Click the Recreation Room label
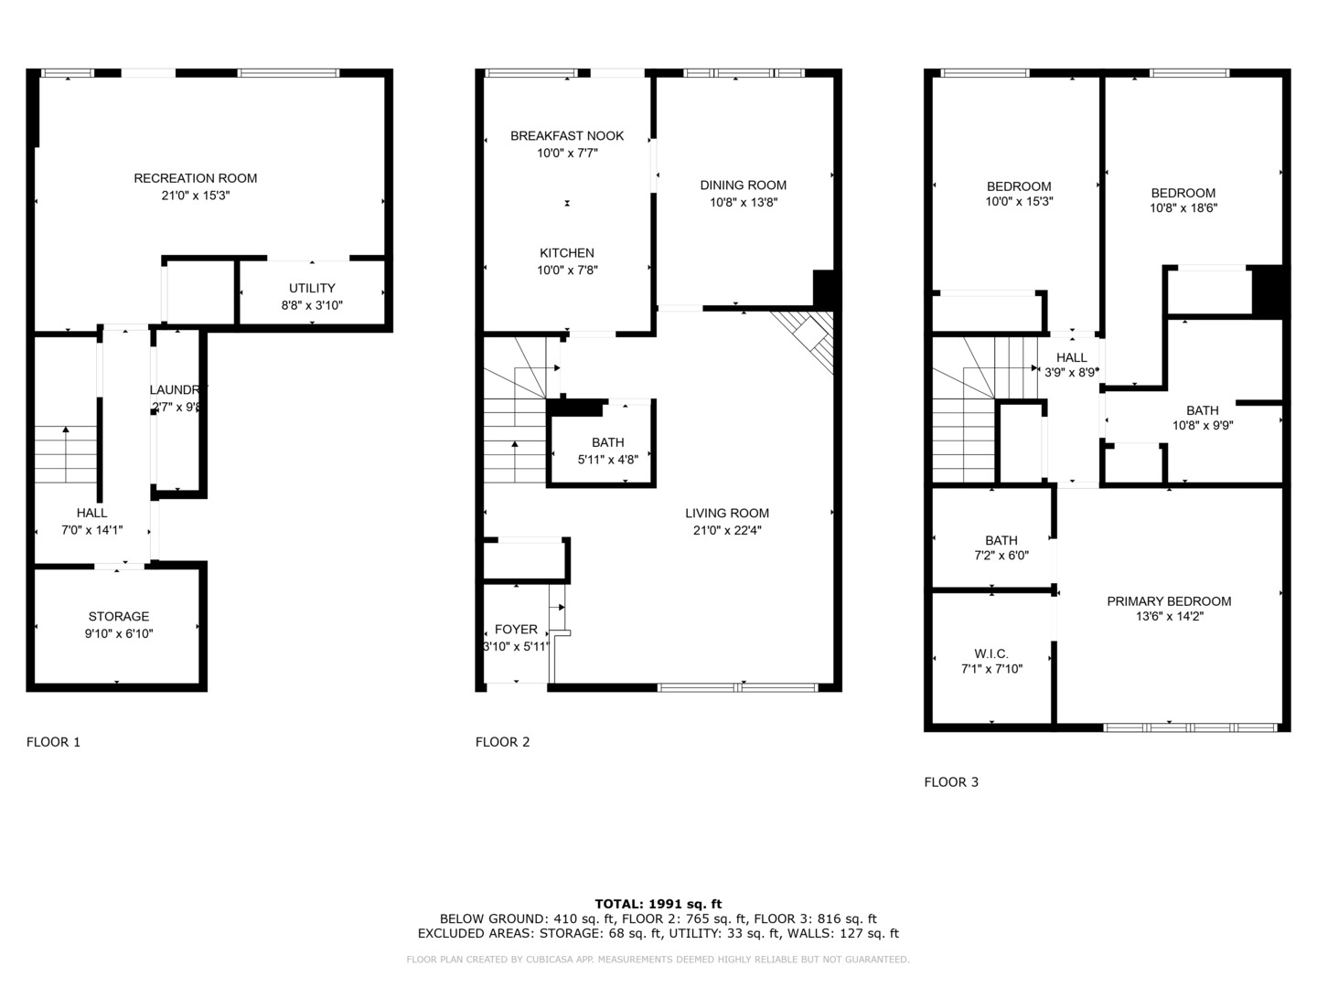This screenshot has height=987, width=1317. (195, 178)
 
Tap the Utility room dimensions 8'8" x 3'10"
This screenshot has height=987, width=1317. (312, 305)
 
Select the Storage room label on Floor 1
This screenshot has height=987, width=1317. (118, 617)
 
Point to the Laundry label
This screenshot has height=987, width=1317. (177, 390)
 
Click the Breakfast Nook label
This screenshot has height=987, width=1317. (567, 136)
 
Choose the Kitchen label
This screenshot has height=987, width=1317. (567, 253)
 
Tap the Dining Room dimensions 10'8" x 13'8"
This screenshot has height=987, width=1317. (743, 202)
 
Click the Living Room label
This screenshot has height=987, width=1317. (726, 514)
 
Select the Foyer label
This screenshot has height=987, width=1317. (516, 630)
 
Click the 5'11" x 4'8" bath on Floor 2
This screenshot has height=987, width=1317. (607, 451)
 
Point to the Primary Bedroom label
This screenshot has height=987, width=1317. (1168, 601)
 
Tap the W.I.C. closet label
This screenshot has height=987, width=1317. (991, 654)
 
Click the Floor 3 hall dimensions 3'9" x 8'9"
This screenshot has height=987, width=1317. (1071, 373)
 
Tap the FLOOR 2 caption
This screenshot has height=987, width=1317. (502, 742)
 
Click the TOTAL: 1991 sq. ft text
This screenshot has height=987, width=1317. (658, 904)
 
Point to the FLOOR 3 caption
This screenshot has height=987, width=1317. (951, 782)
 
